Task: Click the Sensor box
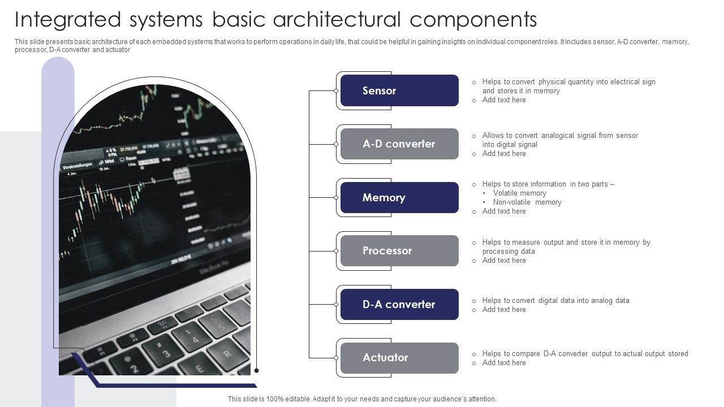pos(399,90)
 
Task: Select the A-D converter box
pos(399,144)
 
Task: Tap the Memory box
pos(399,197)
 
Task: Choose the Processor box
pos(399,250)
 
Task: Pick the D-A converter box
pos(399,304)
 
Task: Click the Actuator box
pos(399,357)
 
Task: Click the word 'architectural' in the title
pos(337,20)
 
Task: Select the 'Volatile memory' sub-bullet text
pos(519,193)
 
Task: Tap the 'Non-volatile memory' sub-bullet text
pos(527,202)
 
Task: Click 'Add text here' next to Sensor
pos(503,100)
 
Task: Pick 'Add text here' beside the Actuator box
pos(503,363)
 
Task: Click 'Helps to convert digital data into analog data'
pos(555,301)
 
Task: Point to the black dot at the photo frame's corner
pos(257,371)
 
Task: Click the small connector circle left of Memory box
pos(336,197)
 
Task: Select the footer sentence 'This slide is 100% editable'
pos(362,399)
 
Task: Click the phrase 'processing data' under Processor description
pos(508,252)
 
